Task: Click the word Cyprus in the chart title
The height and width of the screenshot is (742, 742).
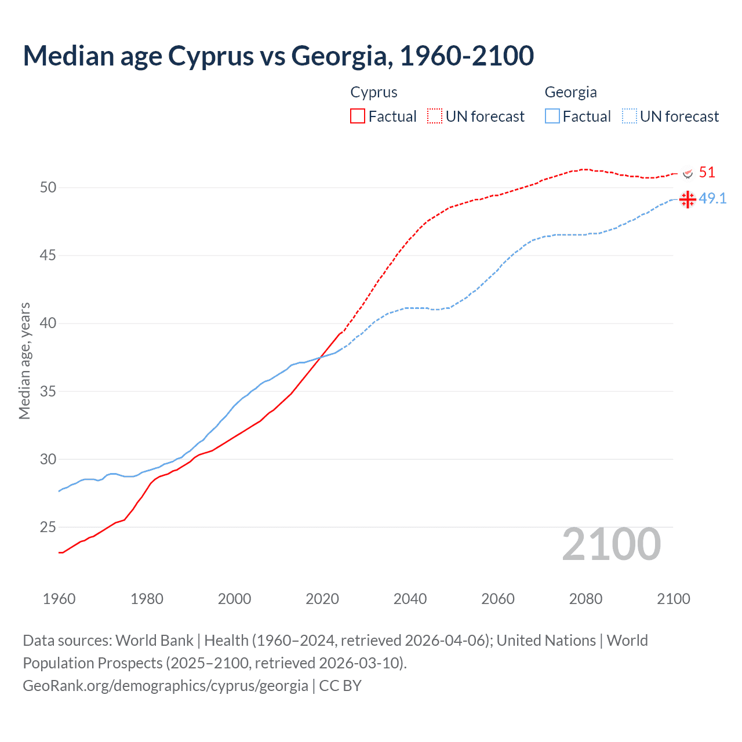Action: click(211, 56)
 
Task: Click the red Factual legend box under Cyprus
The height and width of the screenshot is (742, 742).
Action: click(358, 116)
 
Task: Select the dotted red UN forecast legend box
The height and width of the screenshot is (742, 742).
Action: click(435, 116)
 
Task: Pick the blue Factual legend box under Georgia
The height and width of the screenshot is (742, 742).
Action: click(552, 116)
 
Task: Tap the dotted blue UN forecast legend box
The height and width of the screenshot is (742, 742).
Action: click(630, 116)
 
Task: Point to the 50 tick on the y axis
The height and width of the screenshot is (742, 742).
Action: click(48, 187)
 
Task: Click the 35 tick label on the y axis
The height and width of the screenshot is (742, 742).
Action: click(48, 391)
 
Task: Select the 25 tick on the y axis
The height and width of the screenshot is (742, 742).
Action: click(48, 528)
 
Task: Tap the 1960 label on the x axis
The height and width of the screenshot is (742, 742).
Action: click(59, 599)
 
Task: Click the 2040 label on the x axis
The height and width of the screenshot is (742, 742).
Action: click(410, 599)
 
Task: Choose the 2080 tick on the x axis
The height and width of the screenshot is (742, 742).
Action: click(585, 599)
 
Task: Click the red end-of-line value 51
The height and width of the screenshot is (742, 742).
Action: click(707, 172)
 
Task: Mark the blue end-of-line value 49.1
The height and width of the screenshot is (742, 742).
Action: click(712, 198)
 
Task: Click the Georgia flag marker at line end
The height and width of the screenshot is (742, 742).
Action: click(688, 199)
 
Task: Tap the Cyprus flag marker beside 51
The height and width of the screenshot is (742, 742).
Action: click(688, 173)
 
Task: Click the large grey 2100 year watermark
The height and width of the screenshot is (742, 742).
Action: click(612, 544)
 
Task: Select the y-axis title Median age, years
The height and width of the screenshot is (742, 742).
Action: click(24, 361)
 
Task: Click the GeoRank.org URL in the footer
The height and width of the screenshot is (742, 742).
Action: click(165, 686)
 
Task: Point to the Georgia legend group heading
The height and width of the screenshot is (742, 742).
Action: click(570, 92)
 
